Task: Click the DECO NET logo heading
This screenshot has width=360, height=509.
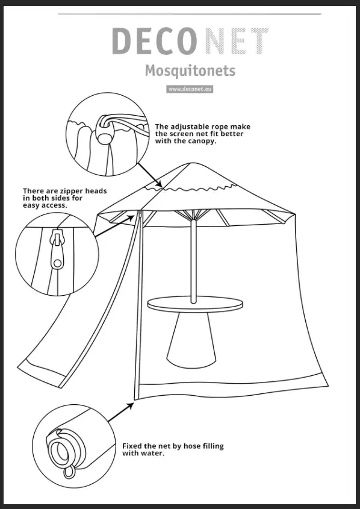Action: point(190,41)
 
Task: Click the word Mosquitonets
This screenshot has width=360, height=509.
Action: point(190,71)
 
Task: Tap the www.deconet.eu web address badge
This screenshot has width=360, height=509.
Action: point(190,89)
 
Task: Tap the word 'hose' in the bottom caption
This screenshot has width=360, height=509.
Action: point(188,446)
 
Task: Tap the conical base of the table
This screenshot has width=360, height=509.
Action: point(191,341)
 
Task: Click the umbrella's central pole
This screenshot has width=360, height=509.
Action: point(193,259)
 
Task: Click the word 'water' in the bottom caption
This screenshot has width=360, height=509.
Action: point(154,454)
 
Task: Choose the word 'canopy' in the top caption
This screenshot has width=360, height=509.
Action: point(201,142)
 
